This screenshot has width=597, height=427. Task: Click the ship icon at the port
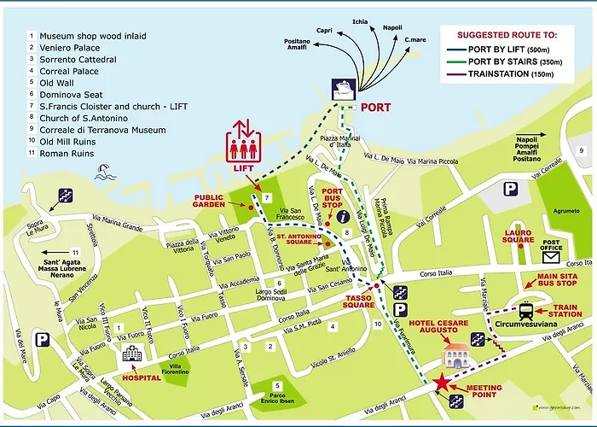344,90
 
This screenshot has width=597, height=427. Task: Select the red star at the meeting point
442,383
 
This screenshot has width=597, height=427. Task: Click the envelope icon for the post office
551,255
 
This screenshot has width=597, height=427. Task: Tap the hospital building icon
132,355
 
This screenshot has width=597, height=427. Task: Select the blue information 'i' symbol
344,217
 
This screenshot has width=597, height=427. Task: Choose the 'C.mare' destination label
415,39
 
